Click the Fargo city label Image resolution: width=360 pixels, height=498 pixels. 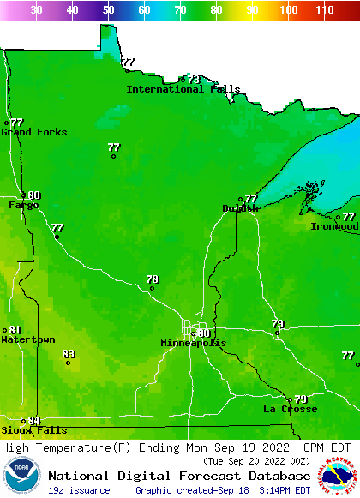(x=24, y=205)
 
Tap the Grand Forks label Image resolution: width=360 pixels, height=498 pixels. (x=33, y=132)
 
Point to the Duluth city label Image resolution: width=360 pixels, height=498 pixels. (x=240, y=208)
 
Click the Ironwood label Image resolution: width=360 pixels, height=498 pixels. (x=334, y=226)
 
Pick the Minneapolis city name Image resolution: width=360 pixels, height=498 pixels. (x=194, y=343)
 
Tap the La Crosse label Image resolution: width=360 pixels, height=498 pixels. (x=290, y=409)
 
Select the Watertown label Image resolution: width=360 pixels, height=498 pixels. (x=27, y=339)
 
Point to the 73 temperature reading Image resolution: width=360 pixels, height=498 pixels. (x=194, y=79)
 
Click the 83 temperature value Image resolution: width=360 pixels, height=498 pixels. (x=69, y=353)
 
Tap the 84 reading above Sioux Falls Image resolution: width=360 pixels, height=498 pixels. (x=34, y=420)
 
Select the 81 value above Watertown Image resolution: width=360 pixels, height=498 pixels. (x=15, y=330)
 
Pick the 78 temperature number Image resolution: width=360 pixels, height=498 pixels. (x=153, y=279)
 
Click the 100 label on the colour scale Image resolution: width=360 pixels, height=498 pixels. (x=289, y=10)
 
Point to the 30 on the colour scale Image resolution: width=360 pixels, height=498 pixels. (x=36, y=10)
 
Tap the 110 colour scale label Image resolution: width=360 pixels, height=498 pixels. (x=324, y=10)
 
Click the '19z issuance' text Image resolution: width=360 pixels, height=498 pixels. (x=79, y=490)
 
